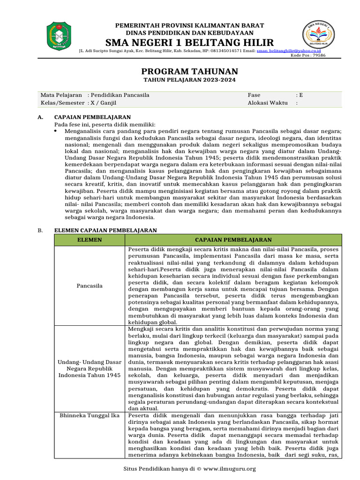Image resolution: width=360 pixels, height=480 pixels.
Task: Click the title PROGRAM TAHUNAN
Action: [x=189, y=71]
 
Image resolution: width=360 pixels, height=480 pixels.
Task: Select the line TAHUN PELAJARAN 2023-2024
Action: [x=189, y=80]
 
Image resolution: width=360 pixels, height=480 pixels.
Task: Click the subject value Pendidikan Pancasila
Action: [x=120, y=95]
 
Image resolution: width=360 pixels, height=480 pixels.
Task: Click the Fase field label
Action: [x=254, y=95]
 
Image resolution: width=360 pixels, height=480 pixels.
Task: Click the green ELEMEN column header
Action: [x=89, y=240]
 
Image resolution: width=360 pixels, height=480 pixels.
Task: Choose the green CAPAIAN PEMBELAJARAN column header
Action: [x=233, y=240]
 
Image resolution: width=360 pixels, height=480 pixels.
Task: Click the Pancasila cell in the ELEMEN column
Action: [x=89, y=285]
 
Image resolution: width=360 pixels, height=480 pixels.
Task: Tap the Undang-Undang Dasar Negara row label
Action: [x=89, y=369]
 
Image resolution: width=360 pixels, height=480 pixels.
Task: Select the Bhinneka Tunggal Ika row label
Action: [x=89, y=415]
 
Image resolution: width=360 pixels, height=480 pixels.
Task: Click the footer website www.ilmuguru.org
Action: [x=230, y=469]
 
